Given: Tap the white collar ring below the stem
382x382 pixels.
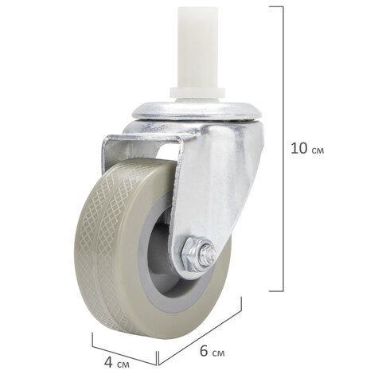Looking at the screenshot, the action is [x=197, y=93].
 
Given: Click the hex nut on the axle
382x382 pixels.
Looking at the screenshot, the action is [x=191, y=254].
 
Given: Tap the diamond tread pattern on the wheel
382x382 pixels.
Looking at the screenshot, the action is [x=106, y=239].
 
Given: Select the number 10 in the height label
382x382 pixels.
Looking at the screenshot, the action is [x=298, y=148].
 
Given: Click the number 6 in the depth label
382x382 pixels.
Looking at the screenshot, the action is [x=204, y=351].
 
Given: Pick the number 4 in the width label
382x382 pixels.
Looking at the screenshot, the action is [x=108, y=362].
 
